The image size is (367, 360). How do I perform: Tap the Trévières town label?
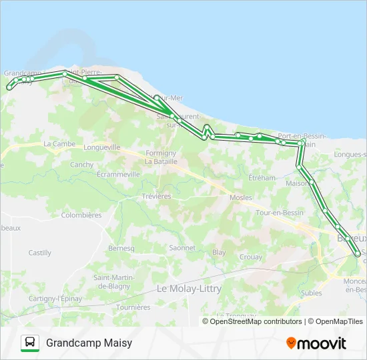(x=157, y=197)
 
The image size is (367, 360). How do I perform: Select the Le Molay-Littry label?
(x=189, y=289)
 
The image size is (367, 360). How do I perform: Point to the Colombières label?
(x=81, y=215)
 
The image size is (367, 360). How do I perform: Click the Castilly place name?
(x=39, y=253)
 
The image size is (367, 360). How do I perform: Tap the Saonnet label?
(x=182, y=247)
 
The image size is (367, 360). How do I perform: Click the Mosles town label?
(x=240, y=198)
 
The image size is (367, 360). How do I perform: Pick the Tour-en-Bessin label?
(x=280, y=213)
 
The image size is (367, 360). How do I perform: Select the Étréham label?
(x=262, y=178)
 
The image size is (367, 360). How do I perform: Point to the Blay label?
(x=219, y=253)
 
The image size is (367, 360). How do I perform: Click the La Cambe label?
(x=59, y=143)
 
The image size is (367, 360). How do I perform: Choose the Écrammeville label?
(x=118, y=174)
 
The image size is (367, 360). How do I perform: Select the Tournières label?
(x=133, y=307)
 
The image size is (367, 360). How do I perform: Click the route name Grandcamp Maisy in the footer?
(x=89, y=343)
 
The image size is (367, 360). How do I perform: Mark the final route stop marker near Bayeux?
(x=358, y=253)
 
